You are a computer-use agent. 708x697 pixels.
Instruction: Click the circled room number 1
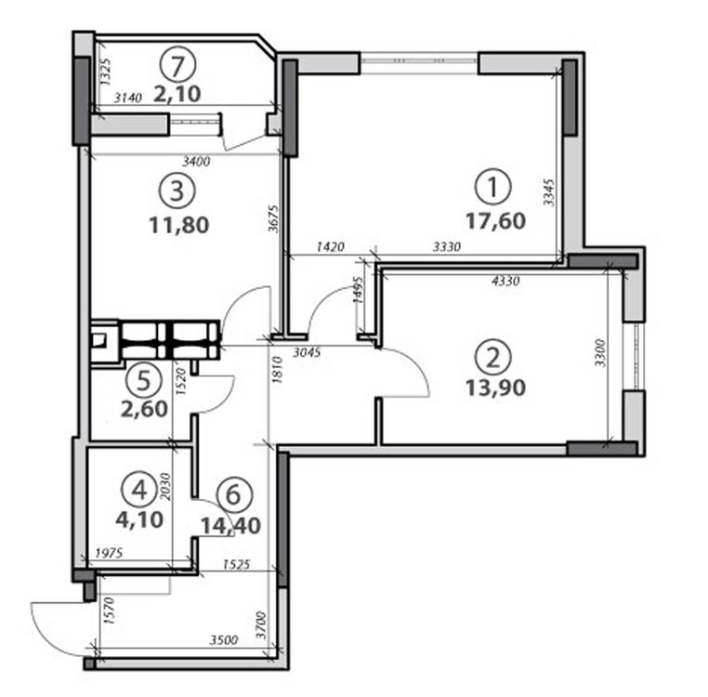pos(493,187)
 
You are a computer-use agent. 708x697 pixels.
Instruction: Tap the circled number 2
pos(493,358)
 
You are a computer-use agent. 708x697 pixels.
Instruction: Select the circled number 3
pos(177,191)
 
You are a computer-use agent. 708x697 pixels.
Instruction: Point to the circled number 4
pos(139,490)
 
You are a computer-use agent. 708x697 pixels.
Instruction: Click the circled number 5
pos(144,380)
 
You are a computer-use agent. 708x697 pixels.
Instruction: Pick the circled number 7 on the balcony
pos(177,65)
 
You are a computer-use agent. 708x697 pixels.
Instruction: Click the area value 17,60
pos(495,221)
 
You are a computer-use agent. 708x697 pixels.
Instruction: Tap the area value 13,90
pos(495,388)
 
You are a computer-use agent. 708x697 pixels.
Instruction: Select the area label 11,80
pos(178,225)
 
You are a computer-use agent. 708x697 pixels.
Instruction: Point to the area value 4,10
pos(139,519)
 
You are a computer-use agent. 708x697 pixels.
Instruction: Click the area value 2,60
pos(144,409)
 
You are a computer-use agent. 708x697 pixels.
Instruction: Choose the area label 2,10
pos(177,94)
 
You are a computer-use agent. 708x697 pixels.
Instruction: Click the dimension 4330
pos(505,281)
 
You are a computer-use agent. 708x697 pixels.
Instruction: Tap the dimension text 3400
pos(196,161)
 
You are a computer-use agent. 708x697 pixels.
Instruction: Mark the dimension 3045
pos(307,352)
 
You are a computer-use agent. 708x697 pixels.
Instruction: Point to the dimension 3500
pos(224,640)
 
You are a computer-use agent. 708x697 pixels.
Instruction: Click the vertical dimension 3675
pos(273,218)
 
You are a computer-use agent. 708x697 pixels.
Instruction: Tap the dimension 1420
pos(331,246)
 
